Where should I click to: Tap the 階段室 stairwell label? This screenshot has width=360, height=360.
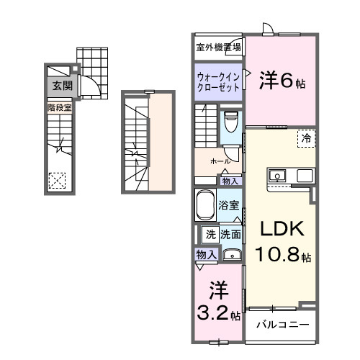(x=59, y=107)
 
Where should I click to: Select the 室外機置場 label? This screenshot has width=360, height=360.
(x=218, y=48)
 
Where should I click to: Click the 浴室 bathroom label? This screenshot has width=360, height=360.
(x=230, y=204)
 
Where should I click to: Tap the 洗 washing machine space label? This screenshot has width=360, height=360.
(x=211, y=234)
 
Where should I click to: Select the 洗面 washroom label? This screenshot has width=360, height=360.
(x=230, y=234)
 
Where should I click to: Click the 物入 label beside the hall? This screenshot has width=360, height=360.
(x=230, y=181)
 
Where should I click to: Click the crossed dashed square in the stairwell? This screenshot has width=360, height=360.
(x=58, y=180)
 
